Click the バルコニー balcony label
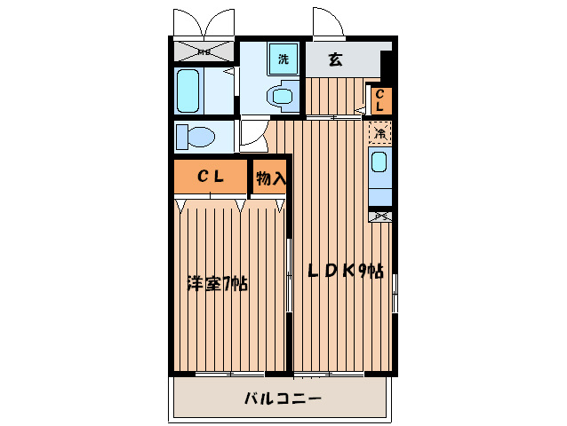(283, 398)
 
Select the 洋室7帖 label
(217, 285)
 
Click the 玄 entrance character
(335, 60)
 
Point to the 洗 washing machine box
(283, 59)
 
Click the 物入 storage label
(270, 177)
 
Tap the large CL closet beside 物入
(210, 177)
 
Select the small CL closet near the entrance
(379, 99)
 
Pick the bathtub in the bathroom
(188, 91)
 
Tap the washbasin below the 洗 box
(283, 94)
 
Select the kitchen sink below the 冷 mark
(379, 165)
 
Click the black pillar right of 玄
(387, 65)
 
